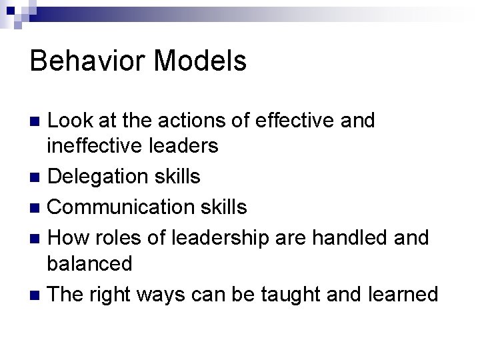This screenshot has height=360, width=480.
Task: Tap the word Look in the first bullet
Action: (x=71, y=121)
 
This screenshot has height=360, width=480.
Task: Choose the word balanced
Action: (x=89, y=263)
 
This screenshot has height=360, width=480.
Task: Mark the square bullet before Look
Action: (x=37, y=121)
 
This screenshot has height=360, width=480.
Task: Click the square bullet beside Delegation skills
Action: (x=37, y=177)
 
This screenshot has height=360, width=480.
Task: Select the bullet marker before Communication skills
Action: (x=37, y=207)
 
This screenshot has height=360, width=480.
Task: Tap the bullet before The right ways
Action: (x=37, y=294)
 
